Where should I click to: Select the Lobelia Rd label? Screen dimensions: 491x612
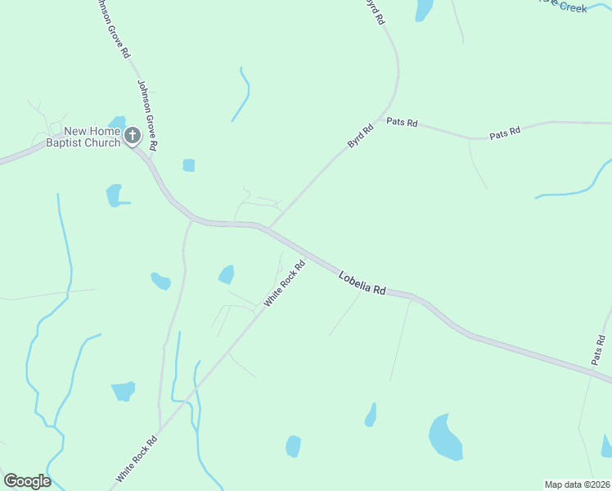click(362, 284)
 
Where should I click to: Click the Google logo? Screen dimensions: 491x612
click(27, 481)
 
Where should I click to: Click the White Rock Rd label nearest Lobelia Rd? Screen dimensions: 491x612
click(285, 284)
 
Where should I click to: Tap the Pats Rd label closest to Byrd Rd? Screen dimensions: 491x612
click(402, 123)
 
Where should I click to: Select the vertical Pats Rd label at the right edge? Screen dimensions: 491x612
click(599, 349)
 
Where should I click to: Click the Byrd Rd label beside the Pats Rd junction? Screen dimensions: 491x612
click(360, 135)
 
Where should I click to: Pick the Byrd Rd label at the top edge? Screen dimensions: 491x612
click(374, 11)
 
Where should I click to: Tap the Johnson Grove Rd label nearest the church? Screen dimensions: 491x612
click(147, 115)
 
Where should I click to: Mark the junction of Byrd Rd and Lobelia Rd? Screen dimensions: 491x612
click(268, 228)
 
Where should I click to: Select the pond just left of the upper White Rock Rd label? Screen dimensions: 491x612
click(227, 274)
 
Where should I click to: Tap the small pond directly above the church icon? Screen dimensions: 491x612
click(117, 122)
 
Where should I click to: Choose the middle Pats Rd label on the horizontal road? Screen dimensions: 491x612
click(505, 132)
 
